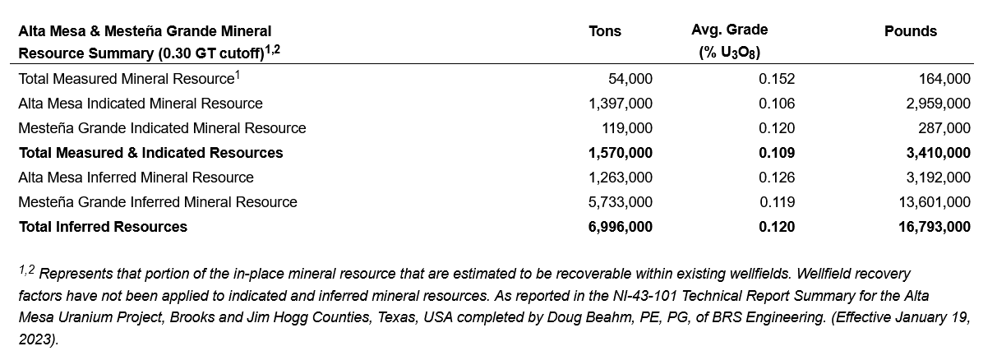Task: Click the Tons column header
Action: [x=605, y=31]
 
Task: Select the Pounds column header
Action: [x=910, y=31]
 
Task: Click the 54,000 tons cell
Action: [x=630, y=79]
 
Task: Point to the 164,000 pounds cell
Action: [x=944, y=79]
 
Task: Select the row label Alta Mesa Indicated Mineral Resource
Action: [x=141, y=104]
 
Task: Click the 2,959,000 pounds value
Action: [x=936, y=104]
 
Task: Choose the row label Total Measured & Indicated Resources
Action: [x=150, y=153]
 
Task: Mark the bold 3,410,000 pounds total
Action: [x=935, y=153]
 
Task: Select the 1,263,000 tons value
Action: [x=621, y=178]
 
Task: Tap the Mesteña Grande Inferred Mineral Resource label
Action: [x=158, y=202]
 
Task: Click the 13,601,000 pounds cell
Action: [x=933, y=202]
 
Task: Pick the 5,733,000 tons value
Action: [x=621, y=202]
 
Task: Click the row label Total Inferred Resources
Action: [x=103, y=227]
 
